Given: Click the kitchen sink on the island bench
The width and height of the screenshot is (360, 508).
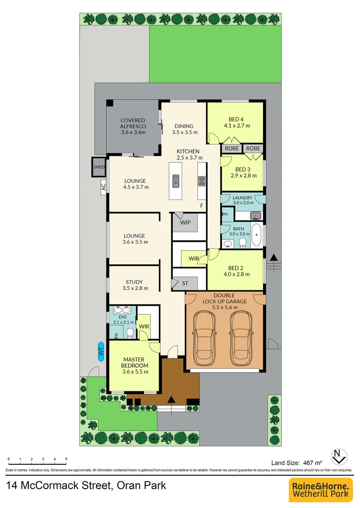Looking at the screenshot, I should pos(176,180).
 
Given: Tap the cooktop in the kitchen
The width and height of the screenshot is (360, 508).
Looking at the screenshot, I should pos(202,181).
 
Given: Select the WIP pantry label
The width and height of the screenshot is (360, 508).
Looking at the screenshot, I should pos(185,222).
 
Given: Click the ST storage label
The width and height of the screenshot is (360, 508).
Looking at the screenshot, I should pos(185,284).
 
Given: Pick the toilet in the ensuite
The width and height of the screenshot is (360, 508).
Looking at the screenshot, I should pos(130,333).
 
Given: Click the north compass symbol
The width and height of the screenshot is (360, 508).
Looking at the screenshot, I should pos(339,456).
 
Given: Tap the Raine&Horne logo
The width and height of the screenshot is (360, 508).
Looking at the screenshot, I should pos(321,490).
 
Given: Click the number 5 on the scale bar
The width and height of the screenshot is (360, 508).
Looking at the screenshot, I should pos(66,459).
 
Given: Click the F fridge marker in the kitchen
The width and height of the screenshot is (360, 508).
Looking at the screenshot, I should pos(201,206).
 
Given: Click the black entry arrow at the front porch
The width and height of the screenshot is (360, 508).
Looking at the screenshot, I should pos(172,399).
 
